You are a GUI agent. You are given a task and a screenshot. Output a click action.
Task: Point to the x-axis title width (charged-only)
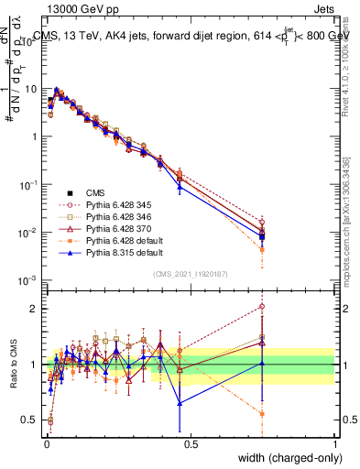coord(285,456)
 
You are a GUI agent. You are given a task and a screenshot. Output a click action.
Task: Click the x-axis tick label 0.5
coord(191,442)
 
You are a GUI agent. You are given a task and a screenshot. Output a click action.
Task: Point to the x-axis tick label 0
coord(46,442)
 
